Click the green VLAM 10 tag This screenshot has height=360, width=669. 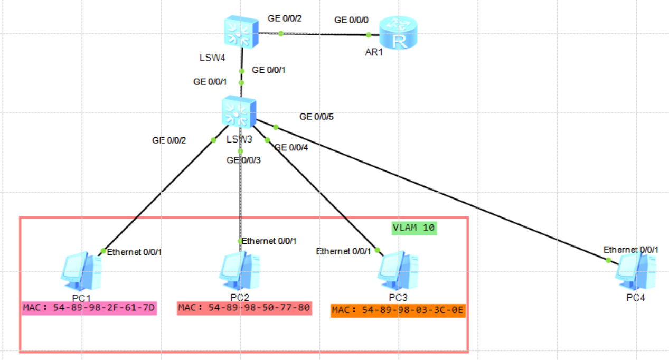[415, 228]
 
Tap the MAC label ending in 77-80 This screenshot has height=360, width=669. [244, 308]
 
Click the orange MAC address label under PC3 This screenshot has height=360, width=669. [398, 310]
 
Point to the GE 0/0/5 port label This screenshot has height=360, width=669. [317, 117]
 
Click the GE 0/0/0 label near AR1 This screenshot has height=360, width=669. [352, 20]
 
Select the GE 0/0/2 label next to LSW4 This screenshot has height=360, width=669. [285, 18]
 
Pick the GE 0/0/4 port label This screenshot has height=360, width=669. [291, 148]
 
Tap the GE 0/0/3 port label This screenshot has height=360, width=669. [244, 160]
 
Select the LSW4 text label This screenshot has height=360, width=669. [212, 58]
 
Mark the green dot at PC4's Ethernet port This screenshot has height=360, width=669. [608, 260]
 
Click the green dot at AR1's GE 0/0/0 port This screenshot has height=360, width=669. [369, 35]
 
